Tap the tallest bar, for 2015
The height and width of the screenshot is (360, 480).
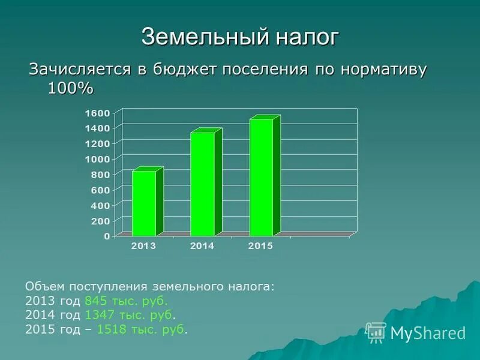pos(261,177)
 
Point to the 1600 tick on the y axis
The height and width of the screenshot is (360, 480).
pos(98,113)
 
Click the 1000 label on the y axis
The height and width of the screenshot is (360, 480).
pos(98,159)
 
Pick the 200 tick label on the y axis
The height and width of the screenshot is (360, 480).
pos(101,221)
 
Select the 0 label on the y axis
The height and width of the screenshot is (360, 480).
pos(107,236)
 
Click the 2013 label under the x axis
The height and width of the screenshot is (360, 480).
pos(144,247)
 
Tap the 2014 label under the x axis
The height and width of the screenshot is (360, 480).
pos(203,247)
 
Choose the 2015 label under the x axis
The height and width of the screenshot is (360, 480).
pos(261,247)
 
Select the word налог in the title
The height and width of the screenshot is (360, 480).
pos(307,37)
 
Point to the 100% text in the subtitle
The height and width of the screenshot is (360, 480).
pos(70,88)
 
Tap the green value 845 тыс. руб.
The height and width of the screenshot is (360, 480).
pos(127,301)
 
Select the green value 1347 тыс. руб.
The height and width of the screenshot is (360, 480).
pos(130,314)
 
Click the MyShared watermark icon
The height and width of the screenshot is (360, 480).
pos(376,332)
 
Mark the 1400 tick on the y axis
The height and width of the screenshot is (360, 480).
pos(98,128)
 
